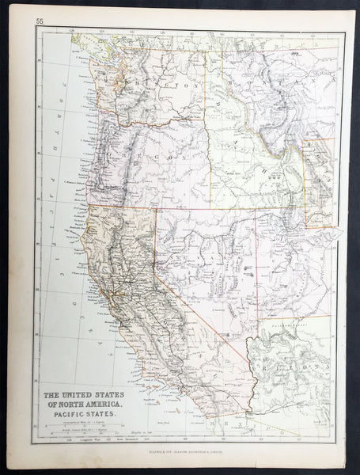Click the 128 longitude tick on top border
click(70, 32)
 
